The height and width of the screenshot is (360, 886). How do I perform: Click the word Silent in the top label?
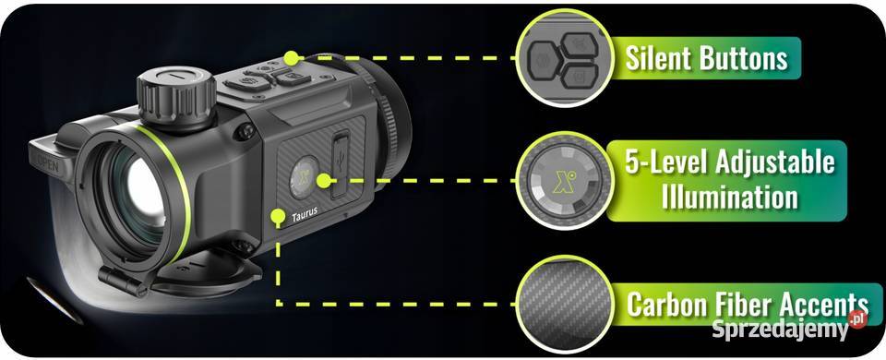pos(658,58)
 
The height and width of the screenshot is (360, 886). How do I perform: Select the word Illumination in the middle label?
pos(729,198)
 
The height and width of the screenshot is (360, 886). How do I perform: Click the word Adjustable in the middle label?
pos(774,162)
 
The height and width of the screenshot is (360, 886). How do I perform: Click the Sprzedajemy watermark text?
pos(780,329)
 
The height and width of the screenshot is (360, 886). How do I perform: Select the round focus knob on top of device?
pos(175,97)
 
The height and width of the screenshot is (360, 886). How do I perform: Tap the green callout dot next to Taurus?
pos(278,216)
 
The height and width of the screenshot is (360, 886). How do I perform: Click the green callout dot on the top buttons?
pos(291,57)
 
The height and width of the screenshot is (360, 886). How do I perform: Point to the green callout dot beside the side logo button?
pos(323,181)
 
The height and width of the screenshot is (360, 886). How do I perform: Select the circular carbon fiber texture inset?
pos(564,306)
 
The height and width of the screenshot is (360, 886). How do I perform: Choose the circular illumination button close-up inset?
pos(564,181)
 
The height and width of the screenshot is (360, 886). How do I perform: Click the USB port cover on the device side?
pos(341,164)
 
